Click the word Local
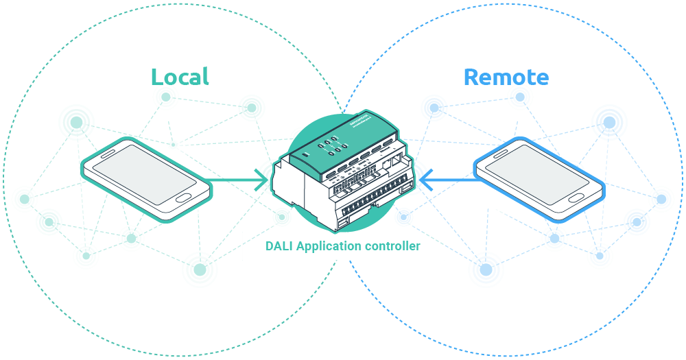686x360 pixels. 180,76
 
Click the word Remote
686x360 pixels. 506,77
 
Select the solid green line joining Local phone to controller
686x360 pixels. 233,181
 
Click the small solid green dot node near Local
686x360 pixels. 174,144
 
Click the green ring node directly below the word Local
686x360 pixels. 166,99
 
